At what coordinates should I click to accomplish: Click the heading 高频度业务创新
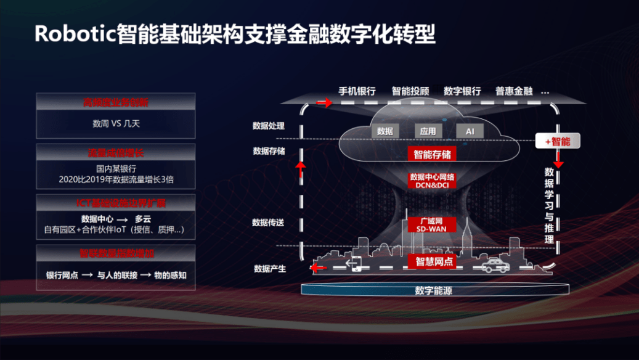click(x=116, y=102)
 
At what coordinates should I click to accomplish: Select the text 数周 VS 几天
click(x=116, y=124)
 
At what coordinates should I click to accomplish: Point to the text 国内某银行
click(x=116, y=168)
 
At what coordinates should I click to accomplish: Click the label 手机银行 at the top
click(x=357, y=91)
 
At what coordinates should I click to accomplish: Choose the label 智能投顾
click(x=410, y=91)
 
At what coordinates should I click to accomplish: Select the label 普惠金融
click(x=513, y=91)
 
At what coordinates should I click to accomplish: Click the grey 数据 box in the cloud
click(x=385, y=131)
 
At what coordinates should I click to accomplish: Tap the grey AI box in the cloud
click(x=470, y=131)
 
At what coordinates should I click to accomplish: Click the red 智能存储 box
click(x=432, y=154)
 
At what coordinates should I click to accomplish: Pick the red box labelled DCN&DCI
click(x=432, y=181)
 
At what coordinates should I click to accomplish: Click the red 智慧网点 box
click(x=434, y=261)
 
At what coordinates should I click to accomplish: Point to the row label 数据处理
click(x=269, y=126)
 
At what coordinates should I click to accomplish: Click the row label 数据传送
click(x=269, y=222)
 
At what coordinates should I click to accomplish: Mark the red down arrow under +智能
click(x=558, y=162)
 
